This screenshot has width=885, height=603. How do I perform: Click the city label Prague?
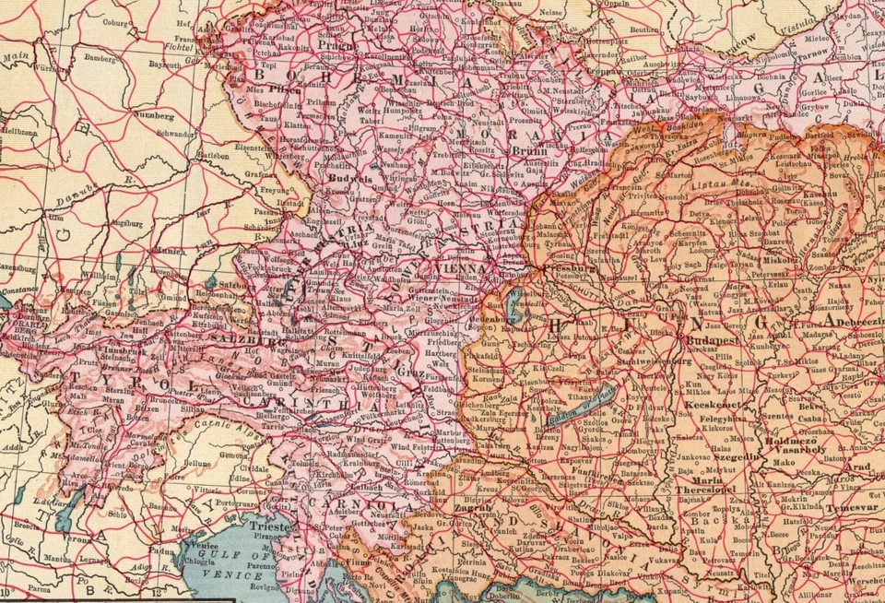pos(336,44)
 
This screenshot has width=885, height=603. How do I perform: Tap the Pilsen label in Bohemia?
pos(284,91)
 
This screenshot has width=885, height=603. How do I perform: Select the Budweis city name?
pos(351,180)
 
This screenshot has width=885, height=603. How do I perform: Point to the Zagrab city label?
pos(476,508)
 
